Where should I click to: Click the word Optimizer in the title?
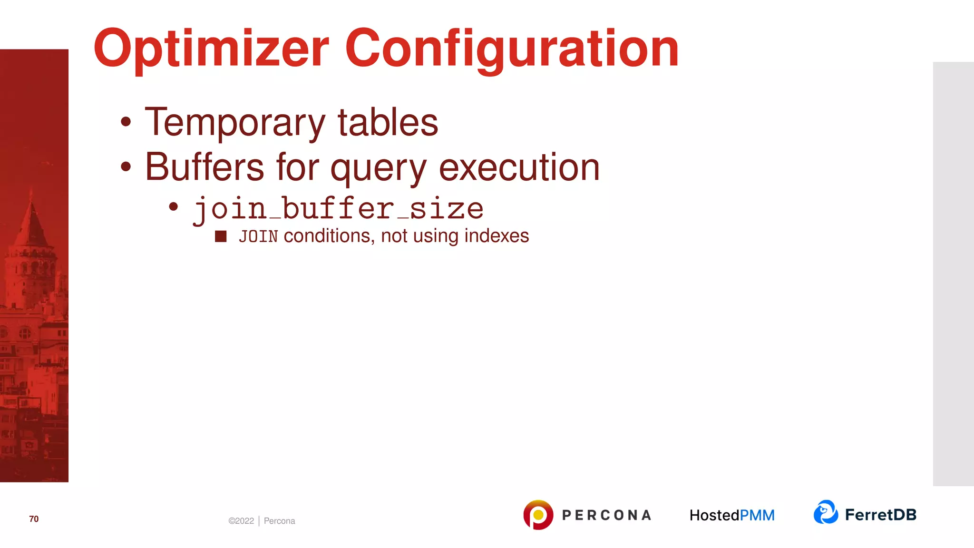[211, 49]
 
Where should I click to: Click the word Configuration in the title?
[512, 49]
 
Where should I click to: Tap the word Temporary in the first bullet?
[235, 123]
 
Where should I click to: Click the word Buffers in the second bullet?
[205, 167]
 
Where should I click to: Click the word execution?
[519, 167]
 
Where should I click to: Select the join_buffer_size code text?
[338, 209]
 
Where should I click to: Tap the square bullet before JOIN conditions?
[221, 236]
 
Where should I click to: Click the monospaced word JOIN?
[258, 236]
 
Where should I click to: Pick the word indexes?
[497, 236]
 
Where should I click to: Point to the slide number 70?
[34, 519]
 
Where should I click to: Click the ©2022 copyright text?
[241, 521]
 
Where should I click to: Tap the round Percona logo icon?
[538, 515]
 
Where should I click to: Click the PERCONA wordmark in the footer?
[606, 515]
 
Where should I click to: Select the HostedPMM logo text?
[732, 515]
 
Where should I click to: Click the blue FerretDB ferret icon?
[826, 512]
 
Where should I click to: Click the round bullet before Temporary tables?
[126, 122]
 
